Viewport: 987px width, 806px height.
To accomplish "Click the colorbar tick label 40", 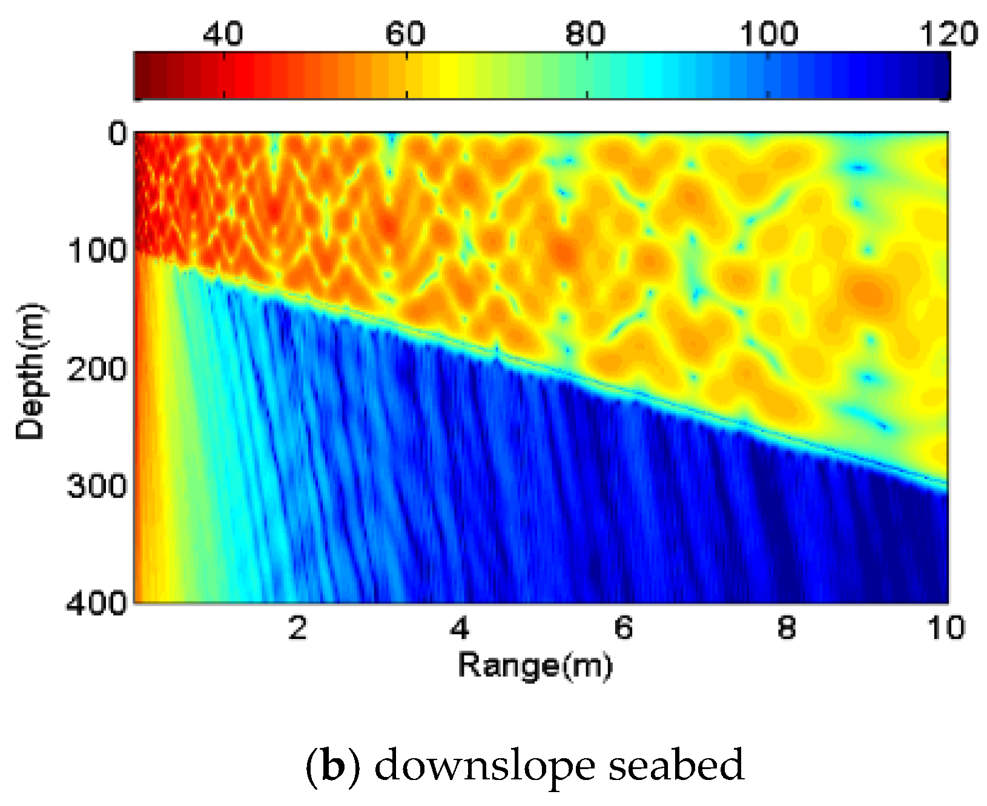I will (x=223, y=34).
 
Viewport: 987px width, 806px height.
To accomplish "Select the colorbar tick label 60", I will (x=405, y=34).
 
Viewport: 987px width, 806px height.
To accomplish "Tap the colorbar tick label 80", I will (x=585, y=34).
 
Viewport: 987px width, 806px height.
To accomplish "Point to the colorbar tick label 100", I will (x=768, y=34).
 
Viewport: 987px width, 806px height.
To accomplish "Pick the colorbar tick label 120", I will (x=948, y=34).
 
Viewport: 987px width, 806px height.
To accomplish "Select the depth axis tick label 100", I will (x=97, y=250).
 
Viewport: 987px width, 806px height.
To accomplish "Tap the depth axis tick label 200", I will (x=97, y=368).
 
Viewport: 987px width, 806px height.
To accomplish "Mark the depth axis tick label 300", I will (x=97, y=485).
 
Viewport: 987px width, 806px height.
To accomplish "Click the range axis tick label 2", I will (x=297, y=628).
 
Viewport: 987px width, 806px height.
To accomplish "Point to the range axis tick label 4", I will (x=460, y=628).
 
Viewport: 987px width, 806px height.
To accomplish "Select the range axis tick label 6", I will (x=623, y=628).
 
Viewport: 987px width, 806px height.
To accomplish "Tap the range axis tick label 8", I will (x=786, y=628).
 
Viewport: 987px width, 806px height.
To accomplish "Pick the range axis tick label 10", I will (x=946, y=628).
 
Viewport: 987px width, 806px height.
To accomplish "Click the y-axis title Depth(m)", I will (x=30, y=370).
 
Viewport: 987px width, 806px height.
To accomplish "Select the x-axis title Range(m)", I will (x=535, y=666).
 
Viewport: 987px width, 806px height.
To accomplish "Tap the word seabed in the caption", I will (x=676, y=766).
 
